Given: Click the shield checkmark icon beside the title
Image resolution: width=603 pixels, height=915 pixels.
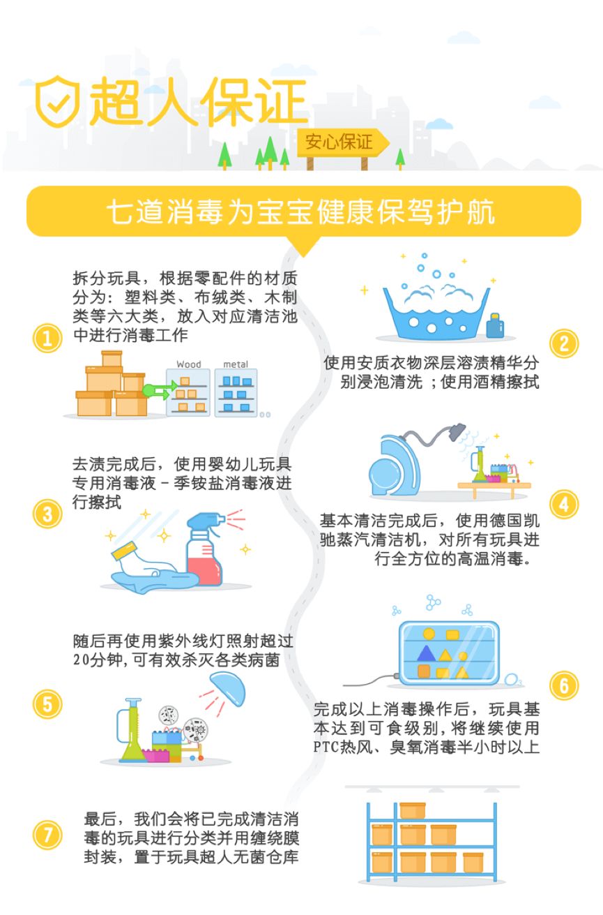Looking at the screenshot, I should tap(58, 101).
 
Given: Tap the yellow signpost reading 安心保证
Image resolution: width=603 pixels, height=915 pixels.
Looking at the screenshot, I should tap(339, 142).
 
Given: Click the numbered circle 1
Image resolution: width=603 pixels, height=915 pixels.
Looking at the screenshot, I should tap(47, 340).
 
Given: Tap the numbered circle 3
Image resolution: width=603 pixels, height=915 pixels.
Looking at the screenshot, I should tap(47, 515).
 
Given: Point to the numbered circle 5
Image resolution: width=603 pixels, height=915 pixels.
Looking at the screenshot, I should tap(47, 704).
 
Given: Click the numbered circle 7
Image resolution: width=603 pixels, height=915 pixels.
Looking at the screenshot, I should tap(47, 835).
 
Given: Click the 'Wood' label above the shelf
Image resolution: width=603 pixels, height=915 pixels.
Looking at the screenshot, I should tap(188, 364).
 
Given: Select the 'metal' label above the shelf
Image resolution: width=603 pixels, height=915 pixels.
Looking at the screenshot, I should tap(236, 364).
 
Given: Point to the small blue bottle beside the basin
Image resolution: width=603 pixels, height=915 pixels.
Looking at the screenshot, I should tap(495, 325).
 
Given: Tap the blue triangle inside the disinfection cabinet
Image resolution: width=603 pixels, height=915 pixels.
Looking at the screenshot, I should tap(425, 653).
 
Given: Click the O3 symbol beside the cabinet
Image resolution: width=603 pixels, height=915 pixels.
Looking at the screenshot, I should tap(513, 679).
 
